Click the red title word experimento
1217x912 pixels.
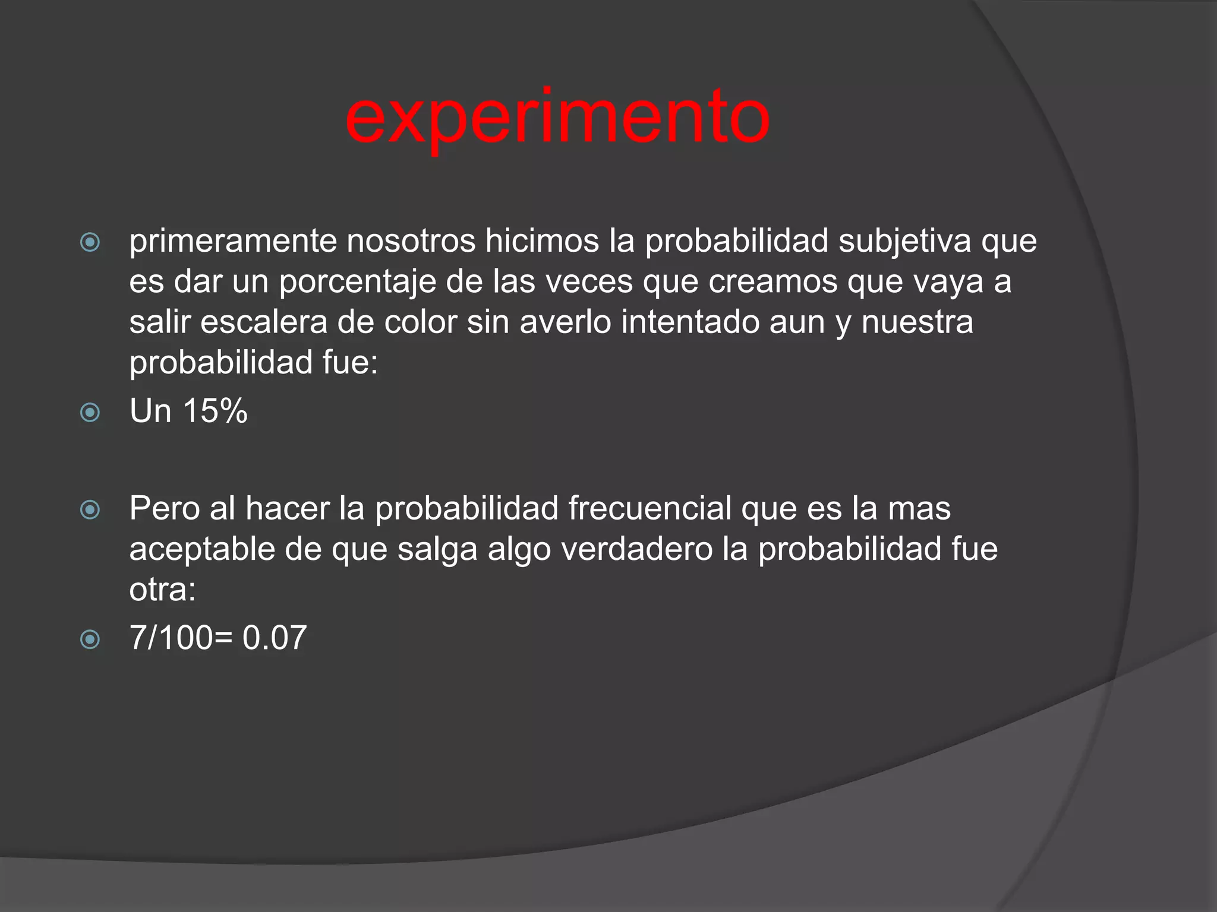coord(557,117)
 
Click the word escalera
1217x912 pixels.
coord(263,322)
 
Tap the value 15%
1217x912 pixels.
coord(215,410)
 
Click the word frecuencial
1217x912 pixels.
coord(650,509)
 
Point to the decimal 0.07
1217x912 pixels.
coord(275,638)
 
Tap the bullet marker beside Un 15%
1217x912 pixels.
coord(90,411)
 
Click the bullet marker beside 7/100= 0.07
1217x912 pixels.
coord(90,639)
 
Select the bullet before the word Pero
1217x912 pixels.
coord(90,509)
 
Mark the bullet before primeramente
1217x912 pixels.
coord(90,242)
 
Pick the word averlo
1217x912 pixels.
coord(565,322)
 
